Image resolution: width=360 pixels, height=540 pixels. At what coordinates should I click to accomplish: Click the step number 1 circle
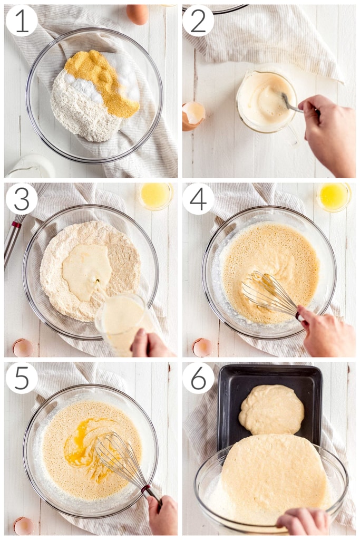pyautogui.click(x=22, y=21)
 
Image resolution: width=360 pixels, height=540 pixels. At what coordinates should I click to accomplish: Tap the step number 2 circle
pyautogui.click(x=198, y=21)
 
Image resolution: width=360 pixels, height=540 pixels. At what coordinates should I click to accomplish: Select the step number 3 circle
pyautogui.click(x=22, y=199)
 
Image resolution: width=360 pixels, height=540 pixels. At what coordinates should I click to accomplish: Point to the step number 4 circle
pyautogui.click(x=198, y=199)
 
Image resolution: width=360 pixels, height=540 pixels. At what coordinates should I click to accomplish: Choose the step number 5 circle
pyautogui.click(x=22, y=378)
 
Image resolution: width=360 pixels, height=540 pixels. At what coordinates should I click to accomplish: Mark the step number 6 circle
pyautogui.click(x=198, y=378)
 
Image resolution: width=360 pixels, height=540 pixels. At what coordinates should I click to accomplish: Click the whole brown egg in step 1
pyautogui.click(x=138, y=14)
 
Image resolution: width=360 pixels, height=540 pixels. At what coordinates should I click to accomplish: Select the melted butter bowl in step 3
pyautogui.click(x=155, y=196)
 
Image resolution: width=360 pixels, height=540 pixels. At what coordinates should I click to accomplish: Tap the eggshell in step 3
pyautogui.click(x=23, y=348)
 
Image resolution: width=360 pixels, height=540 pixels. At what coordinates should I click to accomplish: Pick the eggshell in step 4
pyautogui.click(x=202, y=348)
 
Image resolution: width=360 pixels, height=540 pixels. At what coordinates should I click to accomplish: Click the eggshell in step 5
pyautogui.click(x=24, y=526)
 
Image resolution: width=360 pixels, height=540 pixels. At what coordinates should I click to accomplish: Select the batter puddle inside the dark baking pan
pyautogui.click(x=271, y=410)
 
